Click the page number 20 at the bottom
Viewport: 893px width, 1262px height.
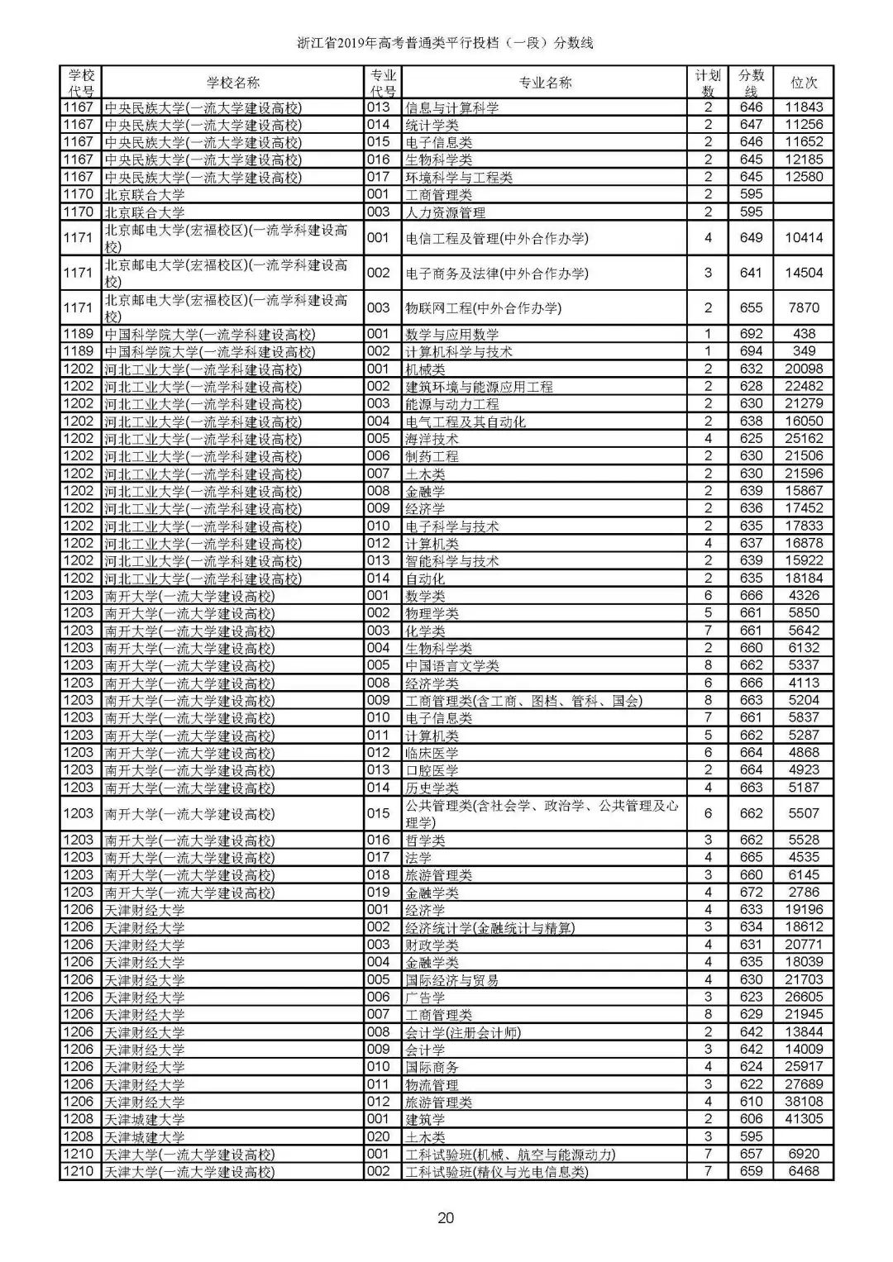click(446, 1217)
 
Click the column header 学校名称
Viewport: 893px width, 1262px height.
click(233, 83)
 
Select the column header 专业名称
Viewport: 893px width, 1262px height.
click(545, 83)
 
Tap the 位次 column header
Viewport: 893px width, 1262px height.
click(804, 83)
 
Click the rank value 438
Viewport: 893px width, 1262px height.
click(804, 334)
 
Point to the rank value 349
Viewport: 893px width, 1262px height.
click(804, 351)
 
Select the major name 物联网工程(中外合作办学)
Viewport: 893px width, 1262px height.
click(483, 308)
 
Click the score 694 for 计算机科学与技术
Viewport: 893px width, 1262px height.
click(751, 351)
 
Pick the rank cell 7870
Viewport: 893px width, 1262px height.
click(804, 307)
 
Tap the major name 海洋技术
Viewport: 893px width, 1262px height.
click(432, 439)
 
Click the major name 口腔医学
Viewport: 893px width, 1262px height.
click(432, 770)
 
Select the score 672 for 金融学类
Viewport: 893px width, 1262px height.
click(751, 893)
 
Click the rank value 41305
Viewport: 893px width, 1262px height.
click(804, 1119)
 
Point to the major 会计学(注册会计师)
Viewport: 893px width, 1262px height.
click(463, 1032)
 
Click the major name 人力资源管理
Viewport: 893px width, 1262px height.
click(445, 212)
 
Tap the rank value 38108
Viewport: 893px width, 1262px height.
click(804, 1102)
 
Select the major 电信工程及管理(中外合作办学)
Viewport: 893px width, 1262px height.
click(496, 238)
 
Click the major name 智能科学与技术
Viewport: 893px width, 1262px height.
click(452, 561)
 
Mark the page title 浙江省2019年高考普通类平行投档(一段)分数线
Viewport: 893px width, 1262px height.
click(446, 43)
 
